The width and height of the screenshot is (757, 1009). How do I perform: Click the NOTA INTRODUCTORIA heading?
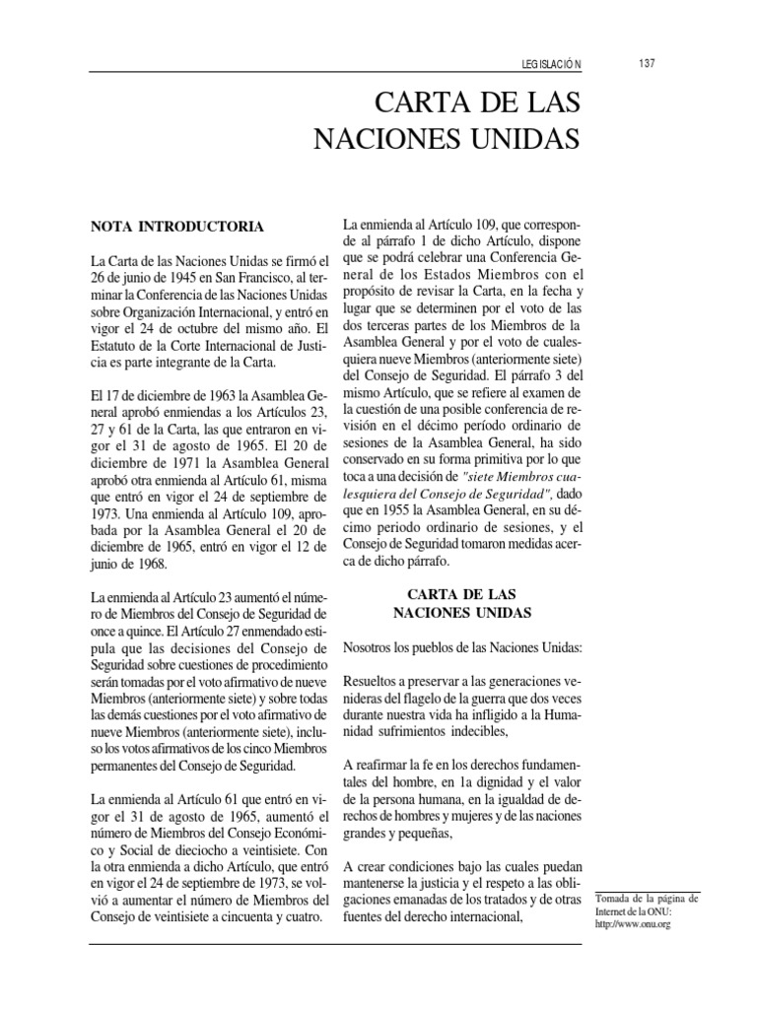[x=176, y=227]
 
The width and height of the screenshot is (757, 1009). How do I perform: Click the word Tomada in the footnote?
[x=615, y=900]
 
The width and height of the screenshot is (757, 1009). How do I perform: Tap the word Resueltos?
[x=372, y=683]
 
